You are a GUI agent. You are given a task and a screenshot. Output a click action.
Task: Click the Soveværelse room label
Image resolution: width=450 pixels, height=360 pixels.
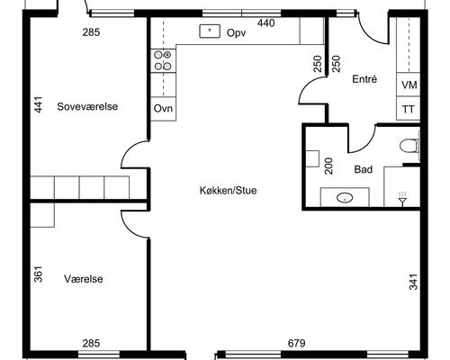[87, 106]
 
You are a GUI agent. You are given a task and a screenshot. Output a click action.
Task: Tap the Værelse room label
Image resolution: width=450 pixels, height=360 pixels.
[84, 279]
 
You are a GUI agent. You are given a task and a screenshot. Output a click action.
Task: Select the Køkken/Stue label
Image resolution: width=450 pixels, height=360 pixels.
[228, 191]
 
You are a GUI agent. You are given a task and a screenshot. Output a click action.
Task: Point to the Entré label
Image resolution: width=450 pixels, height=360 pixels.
[364, 79]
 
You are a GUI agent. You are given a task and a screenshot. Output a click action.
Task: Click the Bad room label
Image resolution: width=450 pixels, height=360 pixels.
[364, 169]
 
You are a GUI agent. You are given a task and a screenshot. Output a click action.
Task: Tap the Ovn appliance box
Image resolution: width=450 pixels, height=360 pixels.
[163, 109]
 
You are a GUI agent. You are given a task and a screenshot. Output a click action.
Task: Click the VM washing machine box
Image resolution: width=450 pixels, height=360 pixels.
[409, 85]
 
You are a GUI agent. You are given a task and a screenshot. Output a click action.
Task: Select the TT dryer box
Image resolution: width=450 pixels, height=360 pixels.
[409, 109]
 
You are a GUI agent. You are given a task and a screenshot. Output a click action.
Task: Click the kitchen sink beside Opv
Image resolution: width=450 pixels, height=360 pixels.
[210, 31]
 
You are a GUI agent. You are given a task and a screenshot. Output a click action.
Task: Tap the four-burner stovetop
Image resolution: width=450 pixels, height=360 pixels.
[163, 60]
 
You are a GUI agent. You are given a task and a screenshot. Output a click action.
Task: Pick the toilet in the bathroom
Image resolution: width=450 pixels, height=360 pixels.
[409, 146]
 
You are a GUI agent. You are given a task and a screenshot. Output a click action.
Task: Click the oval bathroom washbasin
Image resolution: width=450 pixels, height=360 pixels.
[345, 198]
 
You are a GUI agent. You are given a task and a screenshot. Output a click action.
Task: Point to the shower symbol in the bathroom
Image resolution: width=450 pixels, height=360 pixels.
[402, 198]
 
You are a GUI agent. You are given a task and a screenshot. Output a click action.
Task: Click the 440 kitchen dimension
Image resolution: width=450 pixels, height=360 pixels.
[265, 23]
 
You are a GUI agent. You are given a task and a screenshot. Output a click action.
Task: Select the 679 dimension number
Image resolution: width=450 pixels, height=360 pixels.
[297, 343]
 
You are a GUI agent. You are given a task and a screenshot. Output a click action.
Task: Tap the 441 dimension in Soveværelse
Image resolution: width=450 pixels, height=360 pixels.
[39, 104]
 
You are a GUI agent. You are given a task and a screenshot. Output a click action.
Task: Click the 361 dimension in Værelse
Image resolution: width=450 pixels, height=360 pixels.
[39, 274]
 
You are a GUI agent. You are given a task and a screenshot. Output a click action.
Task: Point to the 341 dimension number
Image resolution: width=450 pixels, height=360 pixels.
[413, 282]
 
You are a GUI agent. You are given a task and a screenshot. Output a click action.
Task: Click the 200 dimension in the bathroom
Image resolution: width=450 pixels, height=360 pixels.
[328, 166]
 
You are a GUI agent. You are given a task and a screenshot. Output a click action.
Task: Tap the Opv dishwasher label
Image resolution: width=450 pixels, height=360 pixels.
[237, 32]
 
